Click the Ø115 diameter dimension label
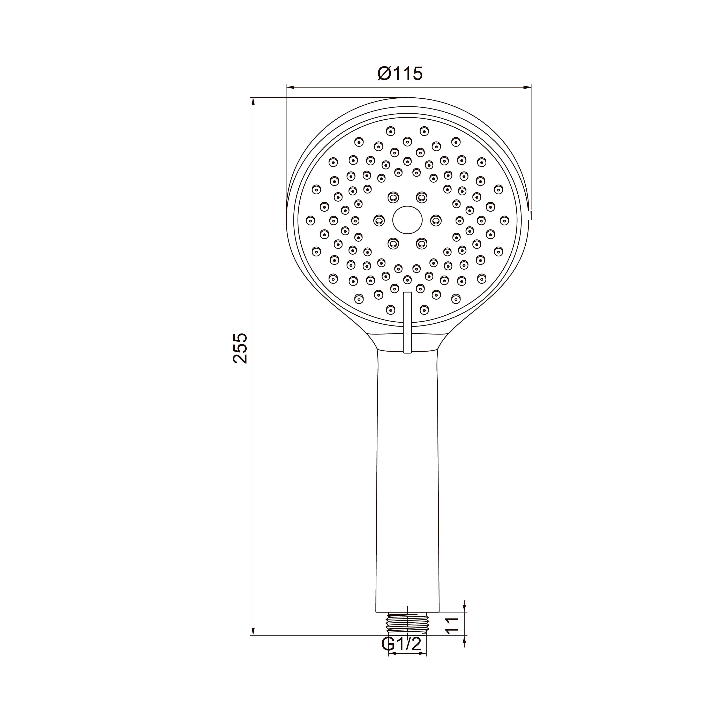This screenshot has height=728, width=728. coord(400,74)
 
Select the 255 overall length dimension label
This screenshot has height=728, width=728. coord(240,348)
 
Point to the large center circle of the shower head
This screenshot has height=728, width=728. coord(407,220)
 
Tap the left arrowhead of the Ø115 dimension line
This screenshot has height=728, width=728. coord(290,87)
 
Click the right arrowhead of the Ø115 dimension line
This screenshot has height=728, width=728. coord(527,87)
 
